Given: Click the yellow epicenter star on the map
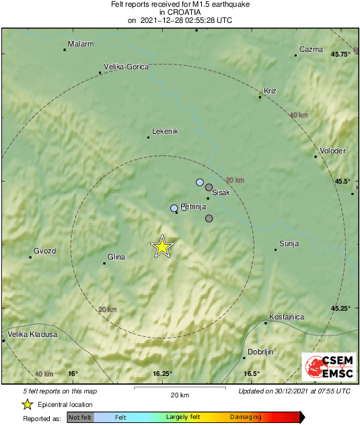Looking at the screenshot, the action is [x=162, y=247].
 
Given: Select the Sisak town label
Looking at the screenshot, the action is [x=221, y=193].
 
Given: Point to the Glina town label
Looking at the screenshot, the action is [x=117, y=256].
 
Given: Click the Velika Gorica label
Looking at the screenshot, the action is [x=126, y=67].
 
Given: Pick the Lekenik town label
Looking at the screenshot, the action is [x=165, y=131].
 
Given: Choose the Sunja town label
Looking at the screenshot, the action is [x=289, y=243].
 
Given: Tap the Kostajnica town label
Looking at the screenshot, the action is [x=287, y=317].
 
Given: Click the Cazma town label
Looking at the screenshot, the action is [x=312, y=49].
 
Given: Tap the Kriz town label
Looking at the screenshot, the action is [x=271, y=91].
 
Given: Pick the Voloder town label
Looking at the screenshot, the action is [x=332, y=151].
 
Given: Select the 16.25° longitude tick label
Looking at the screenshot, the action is [x=162, y=374].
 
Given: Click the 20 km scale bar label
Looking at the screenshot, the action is [x=180, y=395].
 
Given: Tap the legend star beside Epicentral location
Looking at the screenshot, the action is [x=28, y=404].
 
